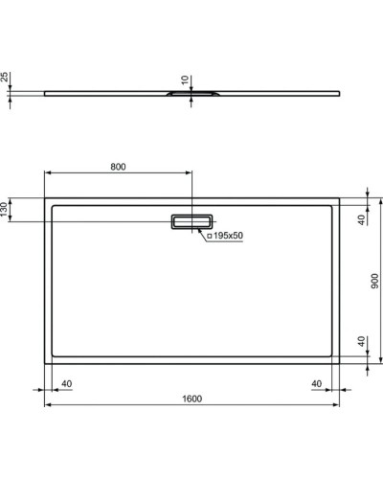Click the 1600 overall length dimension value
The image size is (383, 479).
191,399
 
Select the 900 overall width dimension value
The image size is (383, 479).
376,281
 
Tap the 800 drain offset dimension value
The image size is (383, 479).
118,167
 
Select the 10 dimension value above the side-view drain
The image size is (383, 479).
185,81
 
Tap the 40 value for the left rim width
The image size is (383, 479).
66,384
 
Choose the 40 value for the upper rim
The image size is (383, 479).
362,219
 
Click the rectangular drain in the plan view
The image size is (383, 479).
190,222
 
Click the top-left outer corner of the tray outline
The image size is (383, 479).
44,197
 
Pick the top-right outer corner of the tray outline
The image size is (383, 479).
339,197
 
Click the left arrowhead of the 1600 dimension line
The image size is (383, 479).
46,406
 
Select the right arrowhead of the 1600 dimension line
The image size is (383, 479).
337,406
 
